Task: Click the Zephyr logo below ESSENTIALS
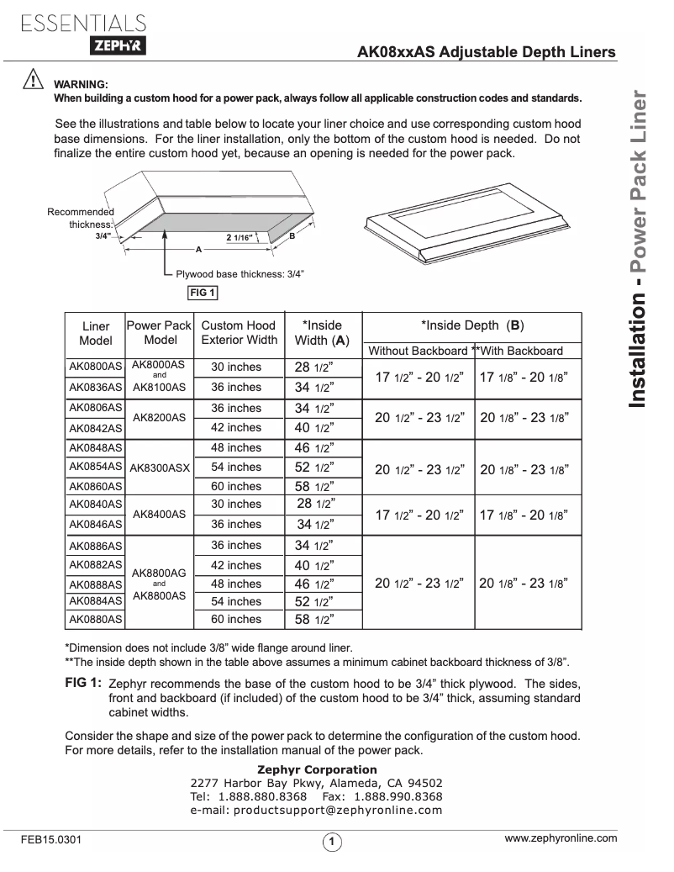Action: (117, 48)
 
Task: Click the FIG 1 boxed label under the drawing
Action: (203, 293)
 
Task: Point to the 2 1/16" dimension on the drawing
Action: (245, 239)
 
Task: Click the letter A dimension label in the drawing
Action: (199, 251)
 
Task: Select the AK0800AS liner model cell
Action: (95, 367)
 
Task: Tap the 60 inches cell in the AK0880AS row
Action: (236, 620)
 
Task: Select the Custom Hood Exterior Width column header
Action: (239, 333)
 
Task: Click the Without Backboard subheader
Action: (418, 351)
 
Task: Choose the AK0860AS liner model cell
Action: (95, 486)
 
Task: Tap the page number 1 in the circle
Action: (333, 842)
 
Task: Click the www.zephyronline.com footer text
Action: (561, 838)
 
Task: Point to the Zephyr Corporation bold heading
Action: (316, 769)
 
